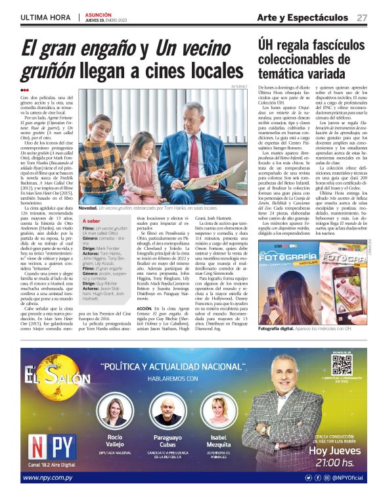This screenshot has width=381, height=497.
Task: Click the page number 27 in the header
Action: [x=362, y=18]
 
